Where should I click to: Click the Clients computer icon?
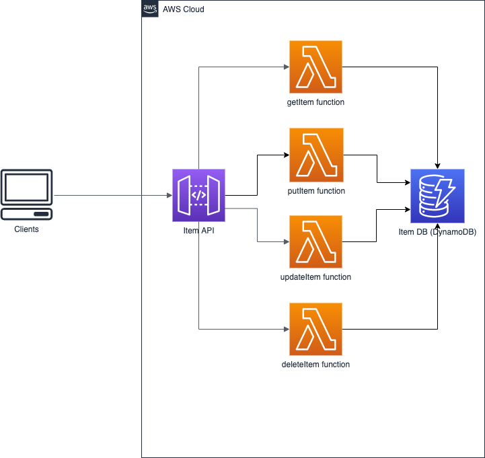click(27, 194)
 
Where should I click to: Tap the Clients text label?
click(27, 229)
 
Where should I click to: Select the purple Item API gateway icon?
click(198, 195)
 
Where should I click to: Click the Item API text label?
click(198, 232)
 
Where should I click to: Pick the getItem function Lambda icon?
click(315, 67)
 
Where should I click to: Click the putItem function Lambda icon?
click(315, 155)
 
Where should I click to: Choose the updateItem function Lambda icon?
click(315, 241)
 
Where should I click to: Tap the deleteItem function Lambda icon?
click(315, 329)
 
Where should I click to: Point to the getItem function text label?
click(315, 103)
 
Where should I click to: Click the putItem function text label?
click(315, 191)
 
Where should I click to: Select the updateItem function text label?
click(315, 277)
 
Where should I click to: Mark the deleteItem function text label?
click(315, 365)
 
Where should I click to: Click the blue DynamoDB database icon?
click(438, 196)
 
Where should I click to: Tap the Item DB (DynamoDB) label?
click(437, 232)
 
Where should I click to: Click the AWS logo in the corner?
click(150, 9)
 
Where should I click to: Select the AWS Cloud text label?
click(184, 9)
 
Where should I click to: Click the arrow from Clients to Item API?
click(111, 196)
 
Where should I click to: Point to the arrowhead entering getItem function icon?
click(286, 67)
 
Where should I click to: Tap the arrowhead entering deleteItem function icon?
click(286, 330)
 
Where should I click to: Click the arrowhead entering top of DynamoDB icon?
click(438, 165)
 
